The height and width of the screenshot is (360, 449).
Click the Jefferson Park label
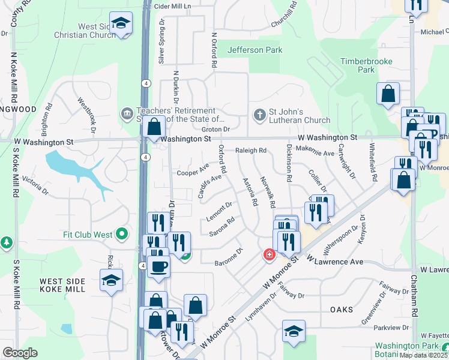pos(255,50)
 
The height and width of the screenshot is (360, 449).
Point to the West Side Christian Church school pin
pos(122,25)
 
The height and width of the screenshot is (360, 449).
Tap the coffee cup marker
pos(158,266)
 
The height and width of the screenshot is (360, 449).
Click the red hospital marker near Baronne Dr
pos(269,255)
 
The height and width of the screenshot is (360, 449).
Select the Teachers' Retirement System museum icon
pos(127,113)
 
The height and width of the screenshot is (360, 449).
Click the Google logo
pos(19,353)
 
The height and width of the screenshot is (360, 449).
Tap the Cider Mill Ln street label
pos(172,5)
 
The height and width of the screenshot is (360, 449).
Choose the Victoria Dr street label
pos(34,184)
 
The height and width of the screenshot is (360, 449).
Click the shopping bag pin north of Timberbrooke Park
pos(388,94)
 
